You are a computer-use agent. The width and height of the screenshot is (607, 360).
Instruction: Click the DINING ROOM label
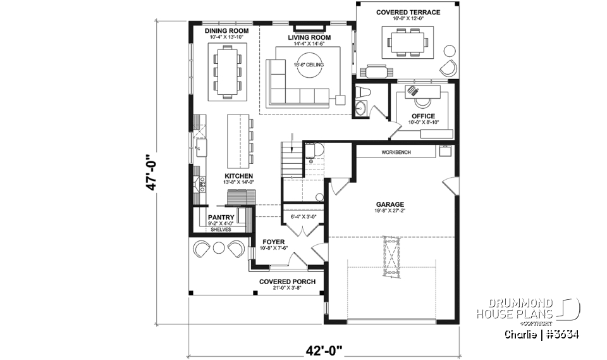click(x=226, y=30)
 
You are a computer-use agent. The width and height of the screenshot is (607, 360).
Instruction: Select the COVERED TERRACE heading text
click(x=408, y=12)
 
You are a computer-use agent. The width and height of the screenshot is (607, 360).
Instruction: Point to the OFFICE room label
click(x=423, y=116)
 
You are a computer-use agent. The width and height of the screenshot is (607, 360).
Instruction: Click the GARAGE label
click(x=390, y=204)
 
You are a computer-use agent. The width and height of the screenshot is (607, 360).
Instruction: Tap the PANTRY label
click(x=221, y=218)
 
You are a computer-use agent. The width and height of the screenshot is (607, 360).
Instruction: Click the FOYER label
click(x=274, y=242)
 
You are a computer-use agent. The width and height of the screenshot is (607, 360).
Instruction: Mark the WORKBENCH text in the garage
click(x=396, y=153)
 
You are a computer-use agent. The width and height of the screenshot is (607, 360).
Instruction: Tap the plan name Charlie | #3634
click(x=542, y=334)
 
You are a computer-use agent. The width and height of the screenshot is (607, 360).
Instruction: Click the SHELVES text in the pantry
click(x=221, y=229)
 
